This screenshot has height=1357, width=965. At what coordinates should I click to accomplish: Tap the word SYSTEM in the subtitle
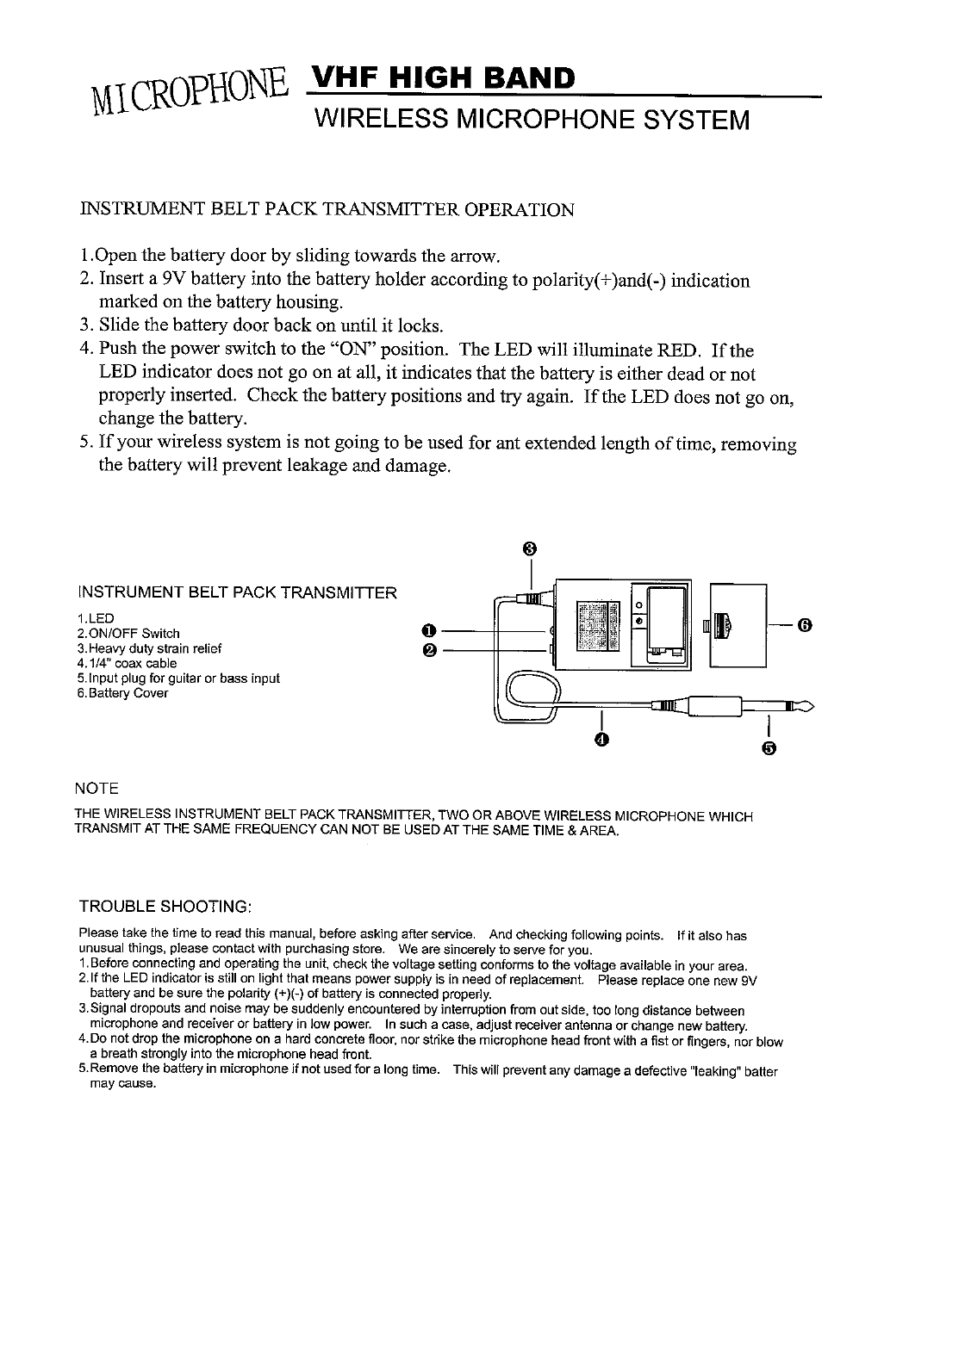click(x=689, y=119)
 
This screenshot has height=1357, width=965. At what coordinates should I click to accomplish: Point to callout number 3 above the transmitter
click(x=530, y=548)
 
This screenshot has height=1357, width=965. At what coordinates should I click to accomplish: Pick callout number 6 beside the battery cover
click(x=804, y=624)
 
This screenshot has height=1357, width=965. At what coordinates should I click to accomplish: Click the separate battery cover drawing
click(x=737, y=625)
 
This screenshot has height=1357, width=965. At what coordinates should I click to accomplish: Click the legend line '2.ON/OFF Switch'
click(x=128, y=634)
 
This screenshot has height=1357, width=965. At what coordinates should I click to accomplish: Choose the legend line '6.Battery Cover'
click(x=123, y=692)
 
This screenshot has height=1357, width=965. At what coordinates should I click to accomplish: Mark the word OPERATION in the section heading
click(x=520, y=210)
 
